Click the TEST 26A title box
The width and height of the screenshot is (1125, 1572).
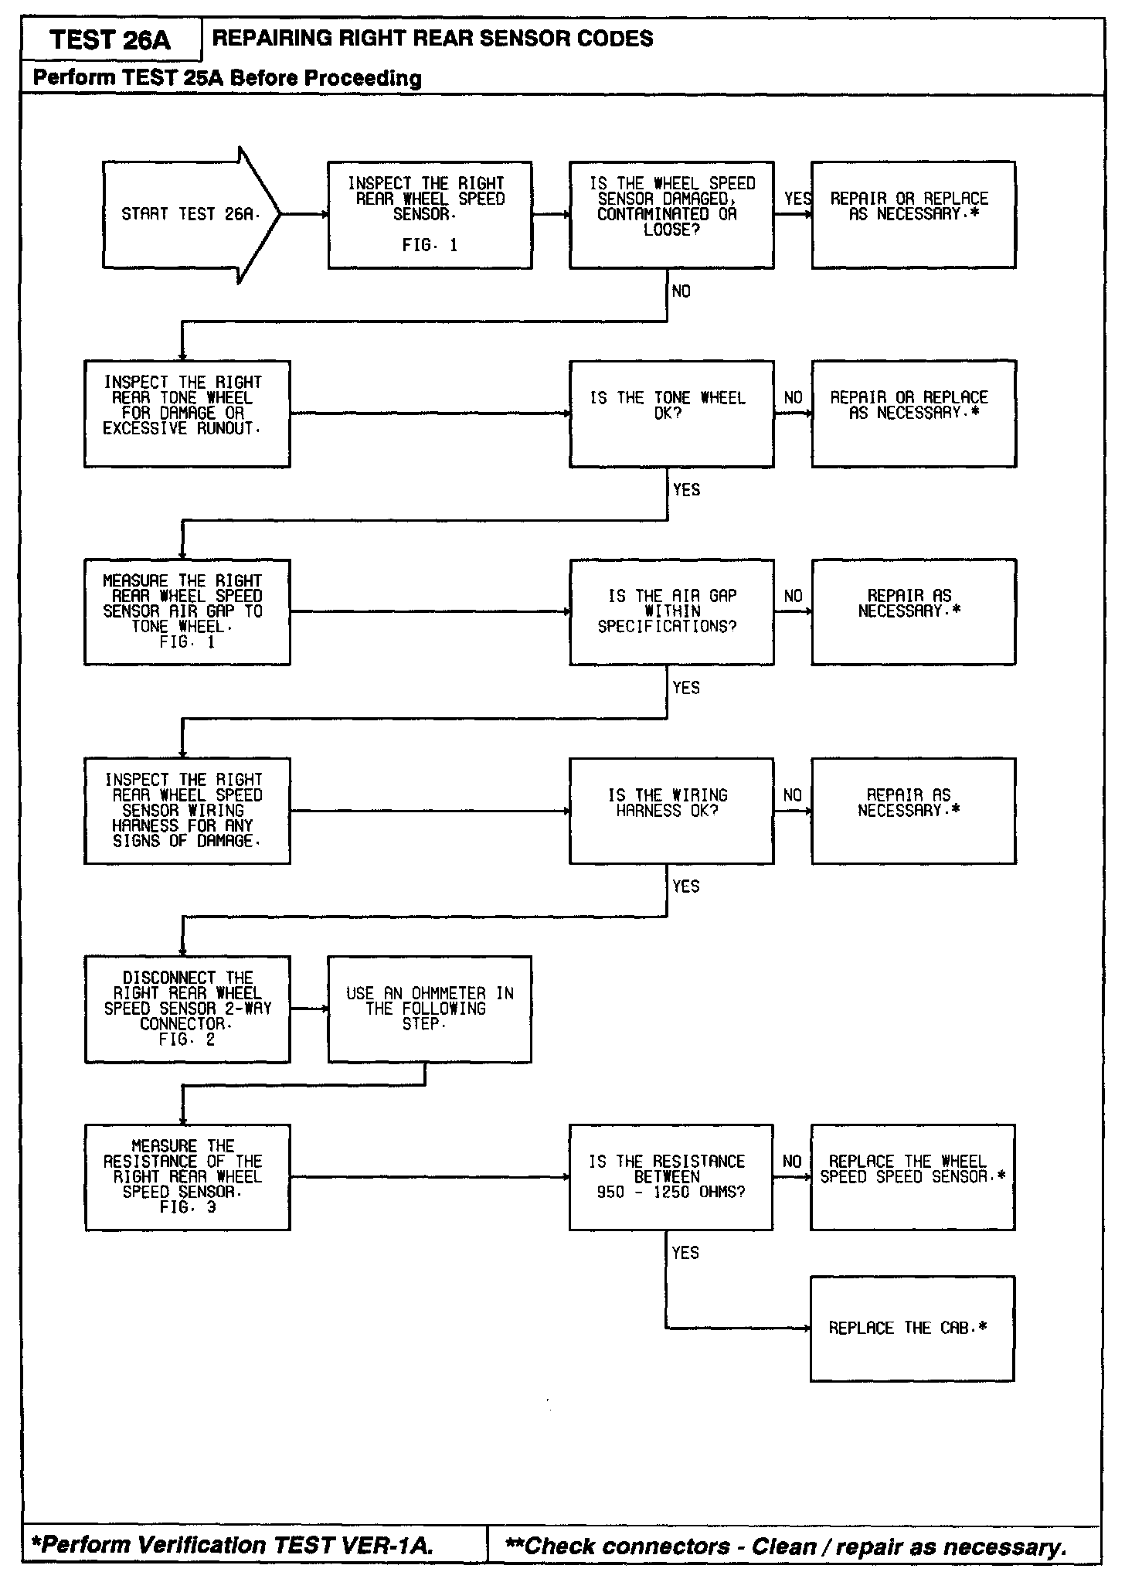point(110,39)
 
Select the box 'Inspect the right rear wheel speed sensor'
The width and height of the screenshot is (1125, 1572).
point(430,215)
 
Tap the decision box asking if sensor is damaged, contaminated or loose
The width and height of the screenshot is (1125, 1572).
point(671,215)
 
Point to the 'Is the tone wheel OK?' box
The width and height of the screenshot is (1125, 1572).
point(671,413)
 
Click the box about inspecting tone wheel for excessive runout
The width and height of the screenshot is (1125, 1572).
point(187,413)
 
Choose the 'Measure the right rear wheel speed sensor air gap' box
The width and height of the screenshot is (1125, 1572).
point(187,611)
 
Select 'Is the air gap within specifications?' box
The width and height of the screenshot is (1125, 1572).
point(671,611)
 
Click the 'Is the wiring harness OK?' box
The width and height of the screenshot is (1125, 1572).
point(671,811)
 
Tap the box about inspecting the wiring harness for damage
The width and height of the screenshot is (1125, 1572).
point(187,811)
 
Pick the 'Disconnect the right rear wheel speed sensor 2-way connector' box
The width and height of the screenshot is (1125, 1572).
point(187,1009)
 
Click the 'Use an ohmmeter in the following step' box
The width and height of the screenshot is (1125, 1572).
point(430,1009)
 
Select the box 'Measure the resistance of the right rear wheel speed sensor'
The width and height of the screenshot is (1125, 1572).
point(187,1177)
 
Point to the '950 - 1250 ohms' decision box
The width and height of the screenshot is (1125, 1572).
point(671,1177)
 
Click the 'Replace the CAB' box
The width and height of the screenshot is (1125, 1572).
point(912,1329)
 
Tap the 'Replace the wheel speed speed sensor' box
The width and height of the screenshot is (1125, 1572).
point(912,1177)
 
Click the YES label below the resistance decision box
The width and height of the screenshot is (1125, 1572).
point(685,1253)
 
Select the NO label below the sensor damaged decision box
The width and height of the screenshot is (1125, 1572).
point(681,291)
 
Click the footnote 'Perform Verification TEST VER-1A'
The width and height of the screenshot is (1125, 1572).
point(232,1545)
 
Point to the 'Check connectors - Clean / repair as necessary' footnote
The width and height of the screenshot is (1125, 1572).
point(785,1546)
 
